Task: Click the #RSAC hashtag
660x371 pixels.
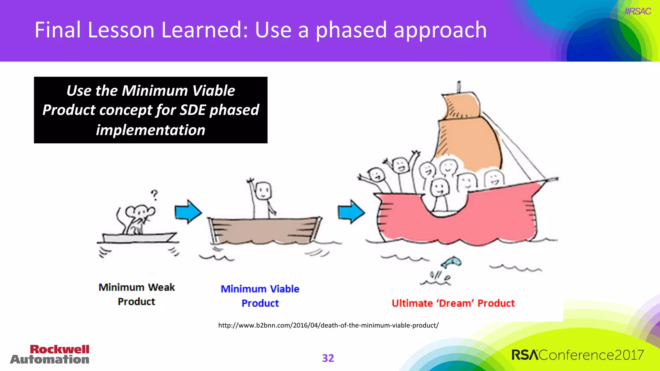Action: pyautogui.click(x=637, y=11)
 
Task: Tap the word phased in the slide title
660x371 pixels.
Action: pyautogui.click(x=351, y=30)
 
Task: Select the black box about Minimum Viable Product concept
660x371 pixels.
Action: pyautogui.click(x=150, y=110)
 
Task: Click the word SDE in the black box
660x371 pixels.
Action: pyautogui.click(x=192, y=110)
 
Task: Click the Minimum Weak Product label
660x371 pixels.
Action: pyautogui.click(x=137, y=294)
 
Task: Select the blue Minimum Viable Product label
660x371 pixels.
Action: pyautogui.click(x=260, y=296)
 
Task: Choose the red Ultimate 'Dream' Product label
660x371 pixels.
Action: pyautogui.click(x=453, y=303)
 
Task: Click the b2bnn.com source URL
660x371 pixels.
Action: pyautogui.click(x=328, y=325)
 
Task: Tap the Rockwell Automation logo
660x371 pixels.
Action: pyautogui.click(x=50, y=354)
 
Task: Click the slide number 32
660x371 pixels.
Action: pyautogui.click(x=328, y=358)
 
